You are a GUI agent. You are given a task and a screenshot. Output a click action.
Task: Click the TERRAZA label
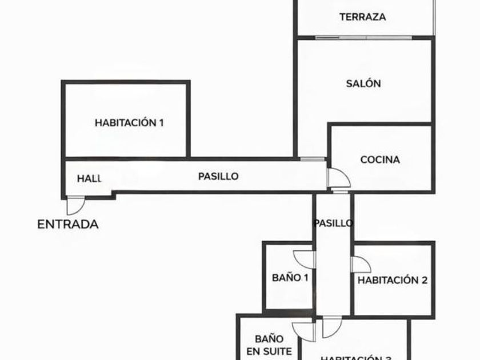(362, 17)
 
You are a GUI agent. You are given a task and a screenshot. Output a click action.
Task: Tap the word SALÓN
(363, 83)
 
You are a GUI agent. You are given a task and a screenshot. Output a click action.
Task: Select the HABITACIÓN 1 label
(129, 122)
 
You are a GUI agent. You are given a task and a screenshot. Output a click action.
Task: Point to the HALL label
(89, 178)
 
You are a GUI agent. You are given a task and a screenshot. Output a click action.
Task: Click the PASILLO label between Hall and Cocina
(218, 177)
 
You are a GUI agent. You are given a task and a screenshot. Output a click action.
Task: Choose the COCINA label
(380, 160)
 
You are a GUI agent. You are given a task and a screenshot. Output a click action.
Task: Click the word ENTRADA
(67, 225)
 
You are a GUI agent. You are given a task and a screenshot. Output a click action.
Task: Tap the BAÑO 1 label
(290, 278)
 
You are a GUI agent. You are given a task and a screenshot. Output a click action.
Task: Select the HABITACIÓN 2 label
(393, 281)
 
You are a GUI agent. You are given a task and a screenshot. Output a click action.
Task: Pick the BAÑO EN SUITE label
(273, 346)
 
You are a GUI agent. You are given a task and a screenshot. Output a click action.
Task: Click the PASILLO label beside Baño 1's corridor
(333, 223)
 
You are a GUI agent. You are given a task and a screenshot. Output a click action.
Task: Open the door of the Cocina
(338, 178)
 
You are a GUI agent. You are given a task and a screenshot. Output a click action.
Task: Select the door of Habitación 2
(360, 265)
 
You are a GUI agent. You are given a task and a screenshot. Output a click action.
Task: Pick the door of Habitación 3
(331, 327)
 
